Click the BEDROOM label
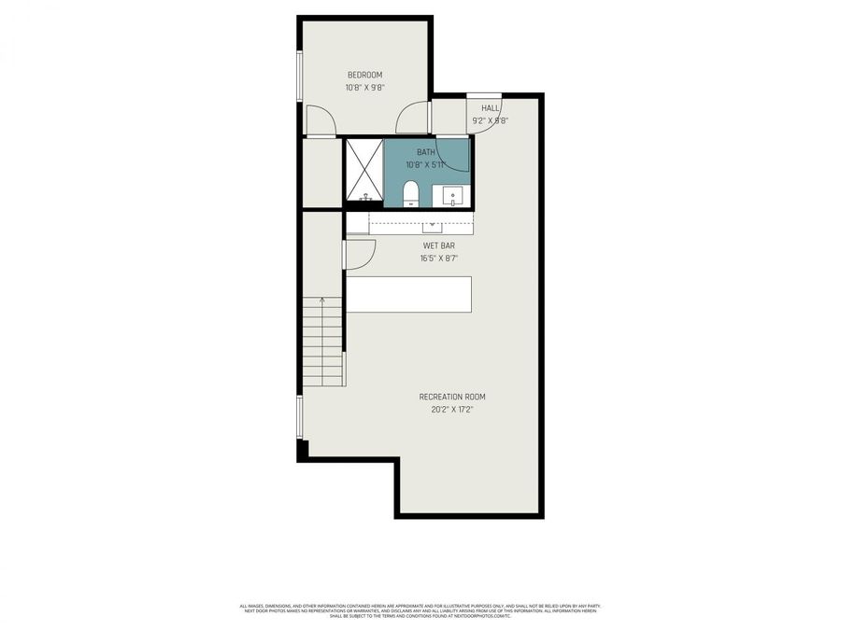pyautogui.click(x=364, y=75)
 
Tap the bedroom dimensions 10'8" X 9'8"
pyautogui.click(x=364, y=88)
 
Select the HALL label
pyautogui.click(x=491, y=108)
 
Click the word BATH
pyautogui.click(x=425, y=152)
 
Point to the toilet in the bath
pyautogui.click(x=410, y=194)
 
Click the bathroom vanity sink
pyautogui.click(x=452, y=197)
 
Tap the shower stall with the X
pyautogui.click(x=363, y=170)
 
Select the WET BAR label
pyautogui.click(x=438, y=245)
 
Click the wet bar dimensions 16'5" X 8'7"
pyautogui.click(x=438, y=258)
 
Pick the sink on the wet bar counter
pyautogui.click(x=433, y=225)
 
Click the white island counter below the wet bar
pyautogui.click(x=408, y=294)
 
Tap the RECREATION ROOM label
pyautogui.click(x=452, y=397)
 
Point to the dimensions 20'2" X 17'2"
pyautogui.click(x=452, y=409)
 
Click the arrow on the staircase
pyautogui.click(x=322, y=301)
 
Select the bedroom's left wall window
pyautogui.click(x=300, y=75)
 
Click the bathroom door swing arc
pyautogui.click(x=455, y=155)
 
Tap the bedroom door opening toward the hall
pyautogui.click(x=410, y=119)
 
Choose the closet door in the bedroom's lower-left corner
pyautogui.click(x=321, y=120)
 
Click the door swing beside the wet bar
pyautogui.click(x=359, y=255)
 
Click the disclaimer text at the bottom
pyautogui.click(x=420, y=610)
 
